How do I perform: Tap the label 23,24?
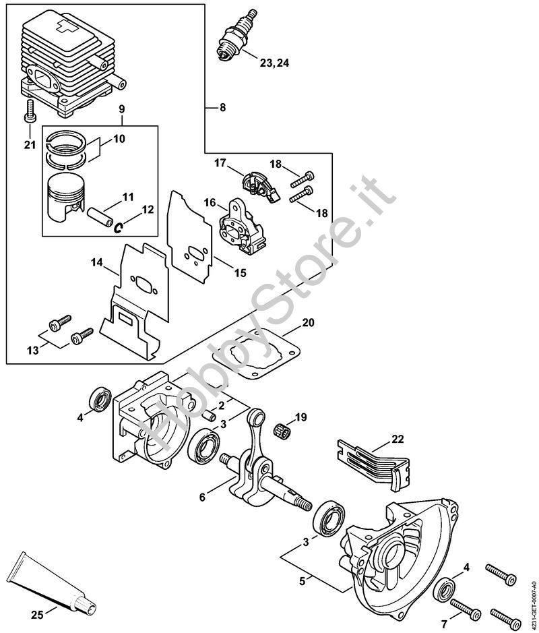pyautogui.click(x=275, y=63)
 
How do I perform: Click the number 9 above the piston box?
pyautogui.click(x=122, y=109)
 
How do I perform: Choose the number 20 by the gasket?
pyautogui.click(x=308, y=322)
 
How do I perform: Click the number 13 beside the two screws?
pyautogui.click(x=32, y=349)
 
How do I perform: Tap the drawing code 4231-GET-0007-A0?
pyautogui.click(x=532, y=599)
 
